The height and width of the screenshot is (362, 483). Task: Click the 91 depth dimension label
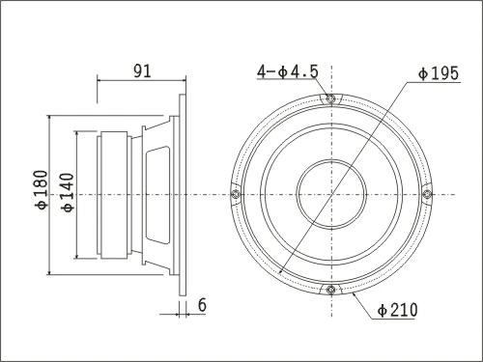click(142, 71)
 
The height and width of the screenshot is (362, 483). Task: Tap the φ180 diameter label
click(42, 190)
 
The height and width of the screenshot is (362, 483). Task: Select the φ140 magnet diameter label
click(68, 192)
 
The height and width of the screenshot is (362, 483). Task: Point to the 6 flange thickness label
click(202, 305)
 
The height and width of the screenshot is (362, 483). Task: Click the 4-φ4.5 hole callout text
click(288, 71)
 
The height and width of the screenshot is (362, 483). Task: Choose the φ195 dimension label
click(438, 73)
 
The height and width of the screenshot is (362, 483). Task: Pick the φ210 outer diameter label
click(397, 310)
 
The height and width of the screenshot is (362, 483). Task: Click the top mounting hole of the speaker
click(330, 98)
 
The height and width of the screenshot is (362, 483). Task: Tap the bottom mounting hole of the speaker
click(330, 290)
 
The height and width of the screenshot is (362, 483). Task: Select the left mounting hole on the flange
click(236, 194)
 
